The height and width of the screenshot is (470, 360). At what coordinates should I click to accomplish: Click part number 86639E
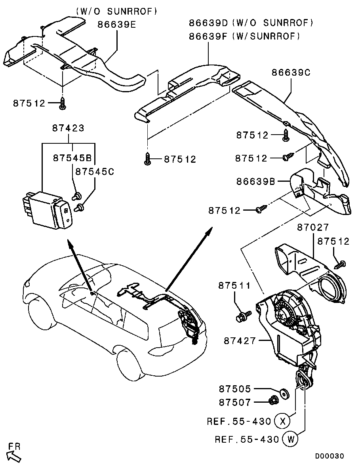pos(116,24)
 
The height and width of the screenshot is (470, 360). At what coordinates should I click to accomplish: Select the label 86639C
pos(291,72)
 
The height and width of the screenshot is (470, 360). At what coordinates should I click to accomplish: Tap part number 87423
pos(69,128)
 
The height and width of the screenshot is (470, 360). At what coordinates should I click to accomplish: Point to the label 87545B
pos(72,158)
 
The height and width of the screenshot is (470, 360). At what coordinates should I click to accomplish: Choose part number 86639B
pos(256,181)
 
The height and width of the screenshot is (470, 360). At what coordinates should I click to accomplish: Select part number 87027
pos(313,227)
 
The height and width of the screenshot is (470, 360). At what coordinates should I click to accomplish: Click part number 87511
pos(234,285)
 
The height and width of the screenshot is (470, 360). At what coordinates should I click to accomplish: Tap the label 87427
pos(240,341)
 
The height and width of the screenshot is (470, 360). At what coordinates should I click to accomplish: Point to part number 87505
pos(235,389)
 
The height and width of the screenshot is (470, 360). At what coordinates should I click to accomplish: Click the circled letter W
pos(290,440)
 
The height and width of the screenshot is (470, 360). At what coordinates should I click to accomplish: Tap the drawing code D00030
pos(329,456)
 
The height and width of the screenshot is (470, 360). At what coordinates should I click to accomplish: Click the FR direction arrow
pos(14,457)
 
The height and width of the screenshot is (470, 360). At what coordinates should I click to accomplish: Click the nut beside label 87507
pos(273,400)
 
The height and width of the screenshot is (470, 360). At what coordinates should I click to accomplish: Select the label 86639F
pos(208,36)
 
